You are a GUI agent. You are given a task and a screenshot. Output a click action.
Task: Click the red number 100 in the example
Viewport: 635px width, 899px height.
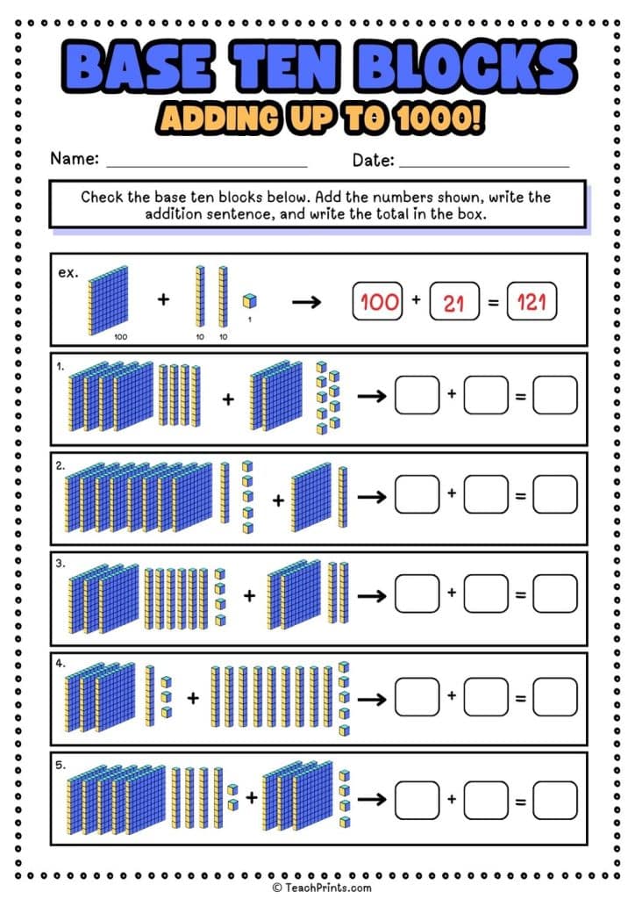[380, 303]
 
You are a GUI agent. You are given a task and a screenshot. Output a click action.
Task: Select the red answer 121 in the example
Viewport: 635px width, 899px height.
[532, 304]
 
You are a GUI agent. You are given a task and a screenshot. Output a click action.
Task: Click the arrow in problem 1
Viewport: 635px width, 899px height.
[372, 397]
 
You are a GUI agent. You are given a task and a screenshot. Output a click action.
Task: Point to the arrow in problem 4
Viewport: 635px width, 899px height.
[372, 699]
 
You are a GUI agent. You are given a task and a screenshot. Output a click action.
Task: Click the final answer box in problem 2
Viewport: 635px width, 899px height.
[555, 495]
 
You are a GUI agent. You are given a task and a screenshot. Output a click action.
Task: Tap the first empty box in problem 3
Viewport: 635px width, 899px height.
[417, 594]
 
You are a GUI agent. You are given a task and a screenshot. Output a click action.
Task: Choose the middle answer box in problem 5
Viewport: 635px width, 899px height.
[486, 800]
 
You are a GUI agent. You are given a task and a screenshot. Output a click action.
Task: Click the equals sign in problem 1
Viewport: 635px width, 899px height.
[520, 397]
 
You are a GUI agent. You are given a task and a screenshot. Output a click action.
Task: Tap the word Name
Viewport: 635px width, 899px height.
[74, 160]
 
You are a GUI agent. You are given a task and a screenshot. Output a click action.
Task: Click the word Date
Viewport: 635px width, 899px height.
[373, 160]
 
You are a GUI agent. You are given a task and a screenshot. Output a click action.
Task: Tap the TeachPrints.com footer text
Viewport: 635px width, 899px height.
[323, 888]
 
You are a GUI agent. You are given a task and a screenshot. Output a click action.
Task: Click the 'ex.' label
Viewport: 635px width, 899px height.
[68, 272]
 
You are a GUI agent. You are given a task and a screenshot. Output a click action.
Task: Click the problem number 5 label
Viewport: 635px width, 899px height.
[61, 766]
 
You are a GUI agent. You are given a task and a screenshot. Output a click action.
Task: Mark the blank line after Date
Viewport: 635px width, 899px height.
[483, 165]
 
